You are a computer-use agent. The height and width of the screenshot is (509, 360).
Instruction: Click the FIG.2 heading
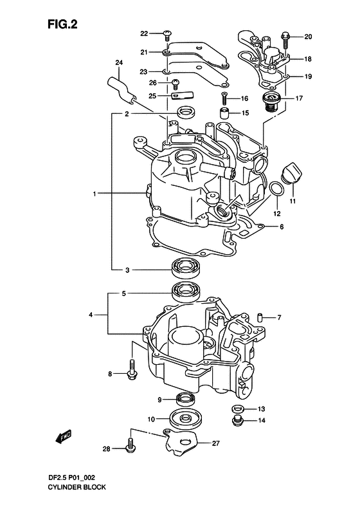point(62,24)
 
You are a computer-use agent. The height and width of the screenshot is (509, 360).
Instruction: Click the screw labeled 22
point(167,34)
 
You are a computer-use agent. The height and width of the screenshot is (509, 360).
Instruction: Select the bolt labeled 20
point(285,39)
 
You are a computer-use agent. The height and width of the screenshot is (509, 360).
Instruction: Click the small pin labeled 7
point(260,317)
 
